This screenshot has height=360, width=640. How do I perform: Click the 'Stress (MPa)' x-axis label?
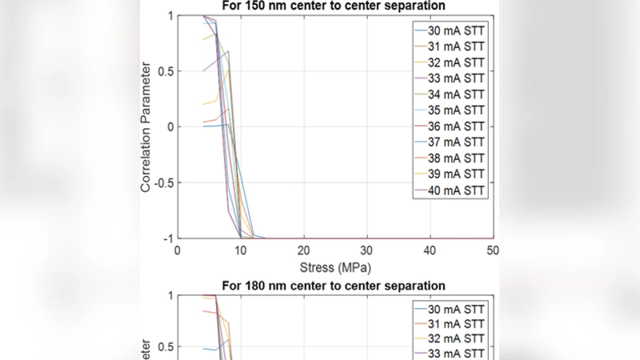coord(335,266)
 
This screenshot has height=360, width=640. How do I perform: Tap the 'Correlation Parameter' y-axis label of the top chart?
coord(146,126)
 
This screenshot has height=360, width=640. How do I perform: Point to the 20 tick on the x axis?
coord(304,250)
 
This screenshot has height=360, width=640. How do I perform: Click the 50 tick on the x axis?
coord(493,250)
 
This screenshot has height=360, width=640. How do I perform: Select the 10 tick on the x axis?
coord(241,250)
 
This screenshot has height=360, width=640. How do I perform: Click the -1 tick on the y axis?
coord(166,238)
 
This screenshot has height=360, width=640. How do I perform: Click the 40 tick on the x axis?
coord(430,250)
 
